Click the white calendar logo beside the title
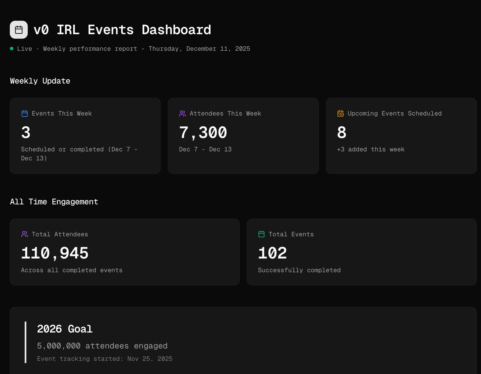[19, 30]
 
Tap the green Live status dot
[12, 49]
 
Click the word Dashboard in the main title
[176, 30]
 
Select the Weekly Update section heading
[40, 81]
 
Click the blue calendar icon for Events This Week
[25, 114]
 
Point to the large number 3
[26, 132]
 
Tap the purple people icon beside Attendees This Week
[182, 114]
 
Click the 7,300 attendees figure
[203, 132]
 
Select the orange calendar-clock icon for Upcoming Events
[341, 114]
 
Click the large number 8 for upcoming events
[342, 132]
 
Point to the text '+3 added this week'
[371, 149]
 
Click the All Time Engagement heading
[54, 202]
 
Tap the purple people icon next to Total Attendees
[25, 234]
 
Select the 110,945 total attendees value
[55, 253]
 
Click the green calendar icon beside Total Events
[262, 234]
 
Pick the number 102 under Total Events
[272, 253]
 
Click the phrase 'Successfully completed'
[299, 270]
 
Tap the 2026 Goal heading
[65, 329]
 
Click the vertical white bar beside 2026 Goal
[26, 342]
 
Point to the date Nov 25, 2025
[150, 359]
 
